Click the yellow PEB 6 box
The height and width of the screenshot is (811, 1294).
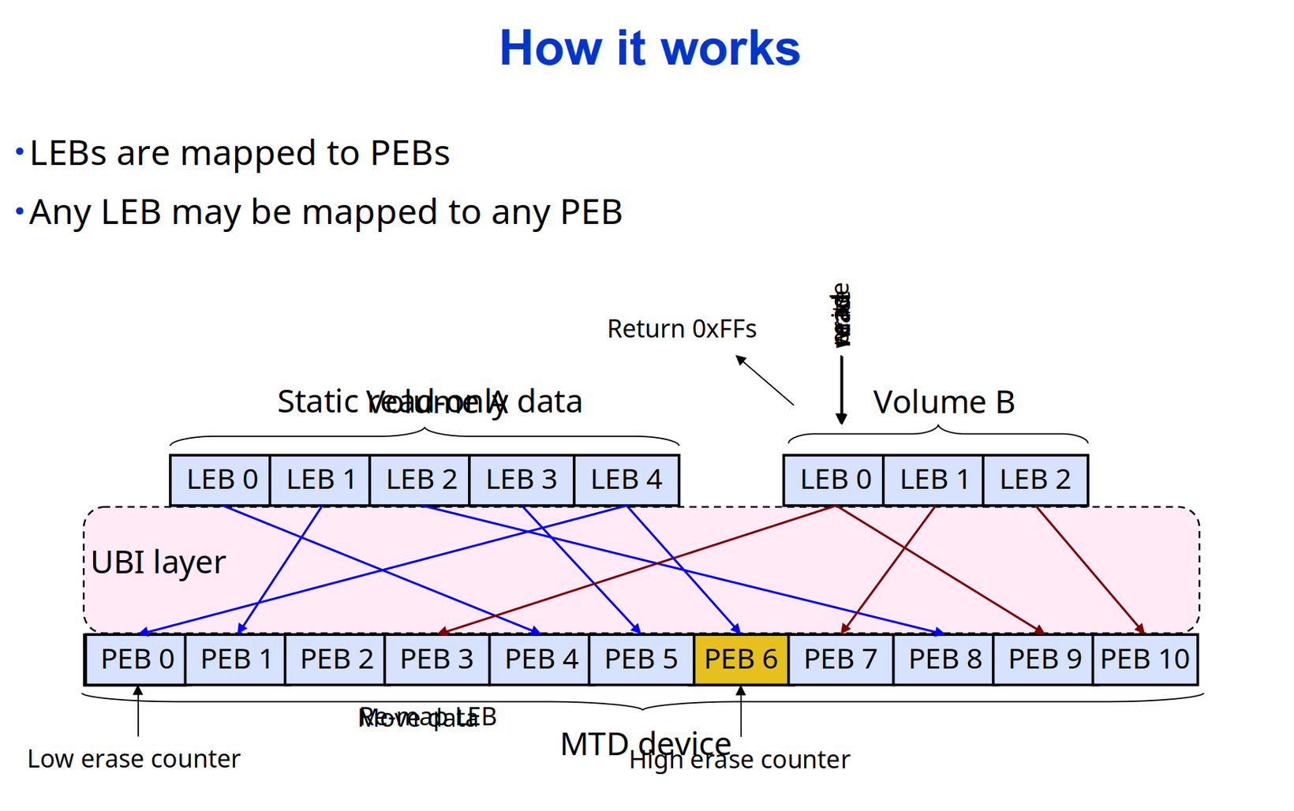(741, 659)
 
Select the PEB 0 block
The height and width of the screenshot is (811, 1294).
(136, 659)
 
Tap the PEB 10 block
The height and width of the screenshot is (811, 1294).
(1144, 659)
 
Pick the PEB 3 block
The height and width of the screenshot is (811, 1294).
(436, 659)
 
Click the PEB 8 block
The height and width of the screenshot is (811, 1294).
(944, 659)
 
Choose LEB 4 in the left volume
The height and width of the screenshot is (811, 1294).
(626, 480)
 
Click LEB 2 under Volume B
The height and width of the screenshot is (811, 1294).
(1034, 480)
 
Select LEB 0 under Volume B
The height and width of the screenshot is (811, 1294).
(835, 480)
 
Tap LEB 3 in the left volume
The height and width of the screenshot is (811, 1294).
(521, 480)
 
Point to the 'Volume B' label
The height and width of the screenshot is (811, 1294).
(944, 402)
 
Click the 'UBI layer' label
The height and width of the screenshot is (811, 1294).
(158, 562)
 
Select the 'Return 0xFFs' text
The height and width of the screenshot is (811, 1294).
(682, 329)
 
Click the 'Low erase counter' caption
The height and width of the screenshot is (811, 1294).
(133, 759)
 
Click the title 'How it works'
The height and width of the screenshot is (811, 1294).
(649, 48)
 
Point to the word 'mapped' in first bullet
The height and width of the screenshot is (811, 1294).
(270, 153)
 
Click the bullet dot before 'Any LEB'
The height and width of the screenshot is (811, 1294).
(20, 211)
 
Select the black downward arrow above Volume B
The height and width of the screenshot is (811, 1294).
(841, 391)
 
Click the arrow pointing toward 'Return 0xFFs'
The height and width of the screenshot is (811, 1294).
(765, 380)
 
